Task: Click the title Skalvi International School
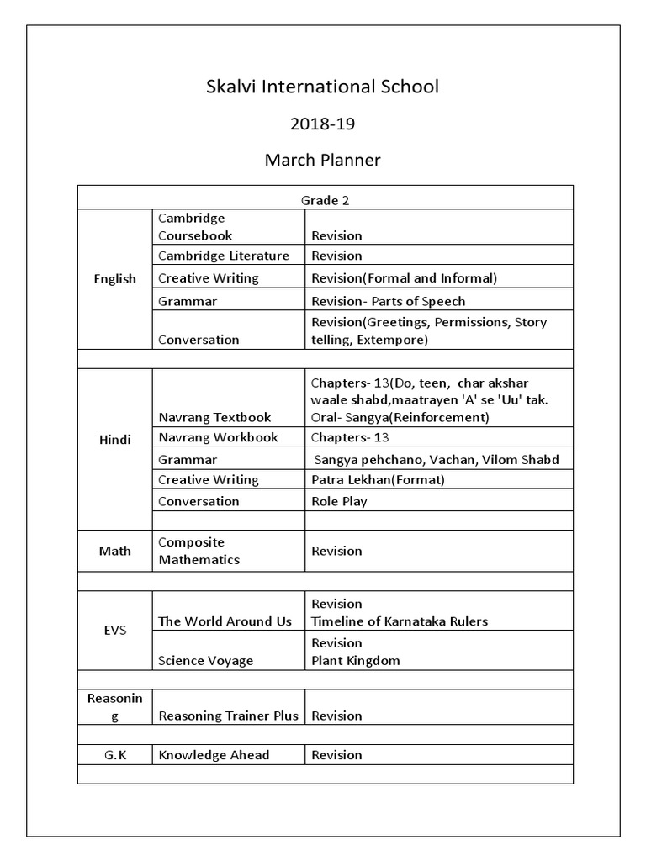point(323,87)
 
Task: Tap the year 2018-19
point(323,124)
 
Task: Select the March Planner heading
point(323,160)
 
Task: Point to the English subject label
point(114,279)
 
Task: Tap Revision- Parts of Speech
point(388,301)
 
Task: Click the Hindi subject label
point(114,440)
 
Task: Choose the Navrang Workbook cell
point(218,437)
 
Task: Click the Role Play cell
point(339,501)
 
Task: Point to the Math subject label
point(114,551)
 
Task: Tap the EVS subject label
point(114,630)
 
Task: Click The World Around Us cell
point(225,621)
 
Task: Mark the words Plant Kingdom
point(356,660)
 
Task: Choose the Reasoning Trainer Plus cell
point(228,716)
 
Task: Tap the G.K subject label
point(114,754)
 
